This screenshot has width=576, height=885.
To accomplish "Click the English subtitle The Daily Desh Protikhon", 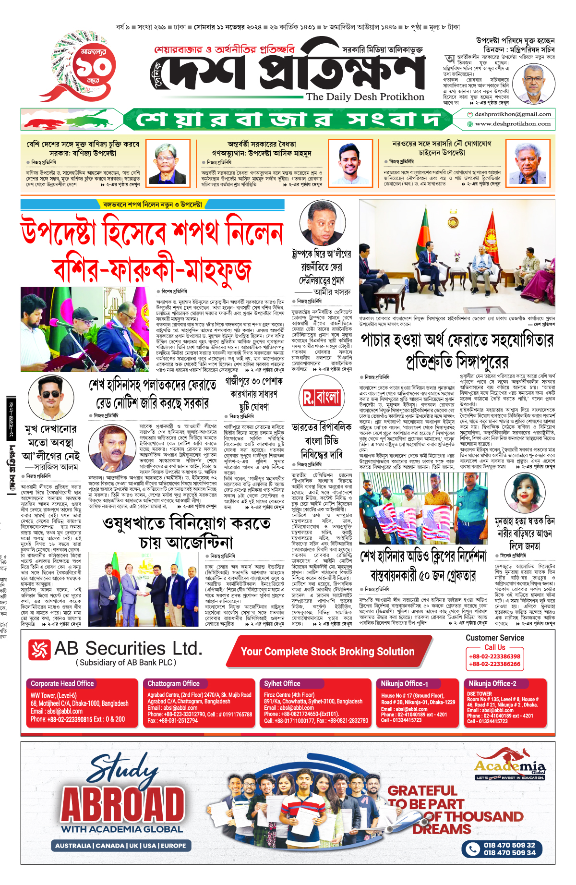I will click(x=365, y=97).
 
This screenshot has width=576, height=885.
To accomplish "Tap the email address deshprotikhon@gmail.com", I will click(x=512, y=114).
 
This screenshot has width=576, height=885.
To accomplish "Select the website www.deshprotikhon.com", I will click(x=512, y=124).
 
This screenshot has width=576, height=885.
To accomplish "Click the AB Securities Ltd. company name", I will click(x=128, y=649).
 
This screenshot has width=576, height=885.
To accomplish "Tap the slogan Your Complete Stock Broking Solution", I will click(x=327, y=652).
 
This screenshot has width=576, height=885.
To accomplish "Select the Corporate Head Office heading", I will click(x=62, y=683).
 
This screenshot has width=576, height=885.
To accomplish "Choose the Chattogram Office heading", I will click(x=173, y=683).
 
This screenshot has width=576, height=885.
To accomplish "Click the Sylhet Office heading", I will click(x=282, y=683).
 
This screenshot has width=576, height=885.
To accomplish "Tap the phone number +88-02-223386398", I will click(x=494, y=656).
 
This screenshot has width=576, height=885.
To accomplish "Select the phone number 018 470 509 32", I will click(x=509, y=845).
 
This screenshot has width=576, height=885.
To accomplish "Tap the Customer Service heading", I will click(x=495, y=638).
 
